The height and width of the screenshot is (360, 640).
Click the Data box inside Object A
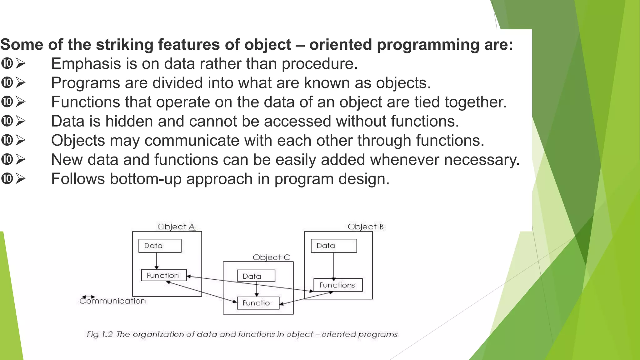(x=160, y=246)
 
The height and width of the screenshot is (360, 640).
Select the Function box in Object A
(x=163, y=275)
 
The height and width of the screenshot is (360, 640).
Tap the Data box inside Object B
(x=333, y=246)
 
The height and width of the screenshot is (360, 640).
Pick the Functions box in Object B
(x=338, y=285)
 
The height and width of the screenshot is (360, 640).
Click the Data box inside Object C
(x=256, y=276)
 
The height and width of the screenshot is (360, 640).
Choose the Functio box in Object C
(x=258, y=303)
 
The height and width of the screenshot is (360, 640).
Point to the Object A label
(x=176, y=227)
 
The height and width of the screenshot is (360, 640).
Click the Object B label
(x=365, y=227)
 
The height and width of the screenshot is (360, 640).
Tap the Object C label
(x=271, y=257)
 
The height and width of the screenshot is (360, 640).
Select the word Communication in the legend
(x=112, y=301)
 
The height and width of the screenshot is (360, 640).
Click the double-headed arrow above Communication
(x=88, y=297)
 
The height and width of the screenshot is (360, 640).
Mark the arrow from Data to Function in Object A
(x=157, y=261)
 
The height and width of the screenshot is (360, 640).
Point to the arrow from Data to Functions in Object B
(x=333, y=265)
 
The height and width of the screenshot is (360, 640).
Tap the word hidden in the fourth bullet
(x=129, y=121)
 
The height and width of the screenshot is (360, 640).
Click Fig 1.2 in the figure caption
(x=99, y=334)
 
